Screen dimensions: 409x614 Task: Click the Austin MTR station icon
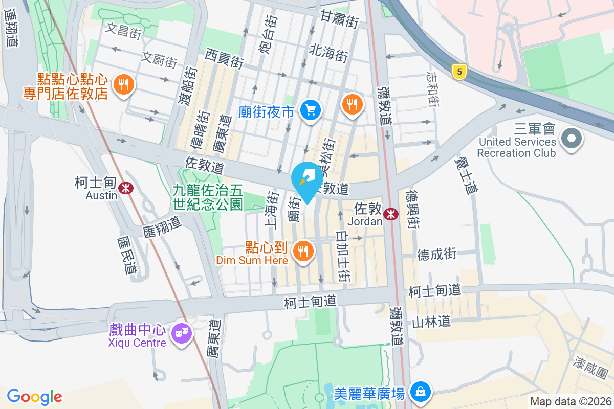pyautogui.click(x=125, y=188)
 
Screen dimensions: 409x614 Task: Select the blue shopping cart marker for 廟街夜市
pyautogui.click(x=311, y=109)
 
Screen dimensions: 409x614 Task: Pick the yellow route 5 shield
pyautogui.click(x=459, y=72)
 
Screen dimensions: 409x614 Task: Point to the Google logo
pyautogui.click(x=35, y=397)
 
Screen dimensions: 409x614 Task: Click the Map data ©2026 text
pyautogui.click(x=570, y=401)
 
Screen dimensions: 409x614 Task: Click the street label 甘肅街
pyautogui.click(x=339, y=20)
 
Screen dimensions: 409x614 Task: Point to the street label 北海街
pyautogui.click(x=328, y=52)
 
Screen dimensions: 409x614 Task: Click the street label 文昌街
pyautogui.click(x=123, y=31)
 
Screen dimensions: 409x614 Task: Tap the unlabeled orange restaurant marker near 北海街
pyautogui.click(x=352, y=104)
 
